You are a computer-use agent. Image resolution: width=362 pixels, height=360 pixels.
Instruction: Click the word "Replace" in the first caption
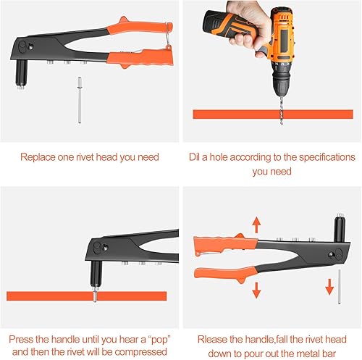click(38, 157)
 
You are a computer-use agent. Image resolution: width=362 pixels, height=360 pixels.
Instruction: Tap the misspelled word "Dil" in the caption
click(195, 157)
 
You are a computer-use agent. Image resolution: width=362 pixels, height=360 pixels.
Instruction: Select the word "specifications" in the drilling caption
click(327, 157)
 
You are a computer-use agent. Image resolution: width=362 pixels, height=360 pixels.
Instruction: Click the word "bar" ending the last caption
click(329, 353)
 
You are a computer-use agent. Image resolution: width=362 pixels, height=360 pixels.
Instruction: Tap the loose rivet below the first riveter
click(80, 100)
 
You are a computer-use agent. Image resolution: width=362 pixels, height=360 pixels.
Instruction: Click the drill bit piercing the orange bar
click(281, 110)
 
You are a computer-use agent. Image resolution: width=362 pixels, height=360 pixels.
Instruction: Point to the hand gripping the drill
click(248, 27)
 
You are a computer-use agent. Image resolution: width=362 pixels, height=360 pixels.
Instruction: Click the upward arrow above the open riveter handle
click(256, 225)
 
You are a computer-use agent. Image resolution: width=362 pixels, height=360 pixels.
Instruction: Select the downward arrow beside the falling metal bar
click(329, 287)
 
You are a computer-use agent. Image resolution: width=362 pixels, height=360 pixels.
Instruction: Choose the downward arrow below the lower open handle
click(256, 290)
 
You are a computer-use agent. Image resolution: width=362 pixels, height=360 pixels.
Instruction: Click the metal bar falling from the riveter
click(340, 287)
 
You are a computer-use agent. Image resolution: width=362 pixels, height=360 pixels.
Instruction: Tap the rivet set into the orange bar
click(95, 294)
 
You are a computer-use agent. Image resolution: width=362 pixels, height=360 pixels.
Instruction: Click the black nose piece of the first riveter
click(21, 75)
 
